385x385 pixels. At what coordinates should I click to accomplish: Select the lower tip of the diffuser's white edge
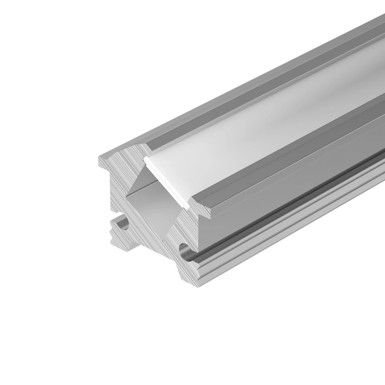tap(187, 206)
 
